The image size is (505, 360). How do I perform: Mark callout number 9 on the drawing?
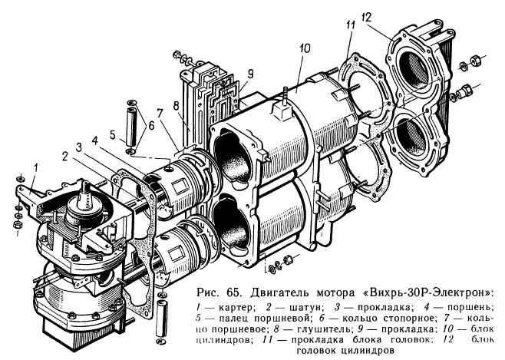[x=250, y=74]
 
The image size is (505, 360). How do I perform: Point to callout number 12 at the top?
[x=390, y=15]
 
